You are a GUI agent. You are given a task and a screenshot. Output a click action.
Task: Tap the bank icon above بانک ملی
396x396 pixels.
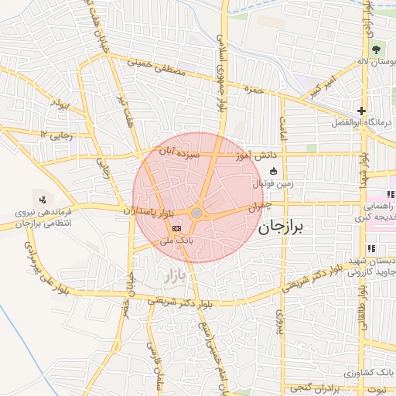point(177,228)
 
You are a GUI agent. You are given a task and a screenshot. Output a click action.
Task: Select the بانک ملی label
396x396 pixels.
point(176,241)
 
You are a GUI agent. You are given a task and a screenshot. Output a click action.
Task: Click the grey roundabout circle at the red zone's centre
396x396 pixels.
point(197,212)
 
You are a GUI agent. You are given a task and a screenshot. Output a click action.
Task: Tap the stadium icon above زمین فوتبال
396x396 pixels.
point(272,172)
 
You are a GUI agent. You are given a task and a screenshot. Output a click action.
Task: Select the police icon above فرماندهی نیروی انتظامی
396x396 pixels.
point(42,198)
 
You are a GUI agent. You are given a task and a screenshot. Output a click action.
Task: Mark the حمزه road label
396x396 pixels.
point(254,90)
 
